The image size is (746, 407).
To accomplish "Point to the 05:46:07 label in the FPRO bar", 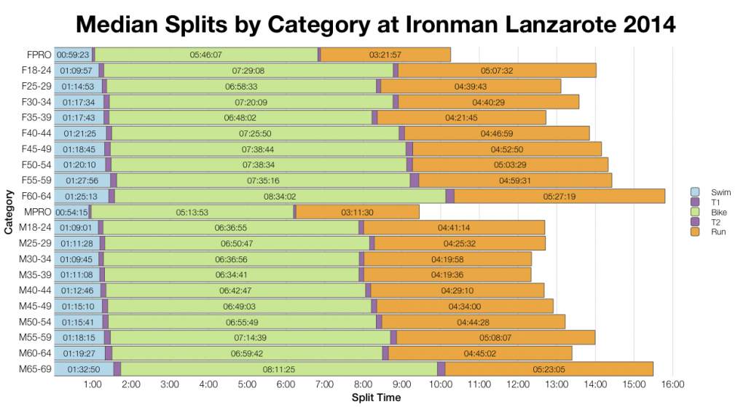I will [205, 55].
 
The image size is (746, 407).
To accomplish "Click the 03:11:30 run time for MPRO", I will [357, 212].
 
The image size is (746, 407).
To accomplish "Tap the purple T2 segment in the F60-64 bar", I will [449, 196].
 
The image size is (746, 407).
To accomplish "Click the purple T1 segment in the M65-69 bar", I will [117, 369].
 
